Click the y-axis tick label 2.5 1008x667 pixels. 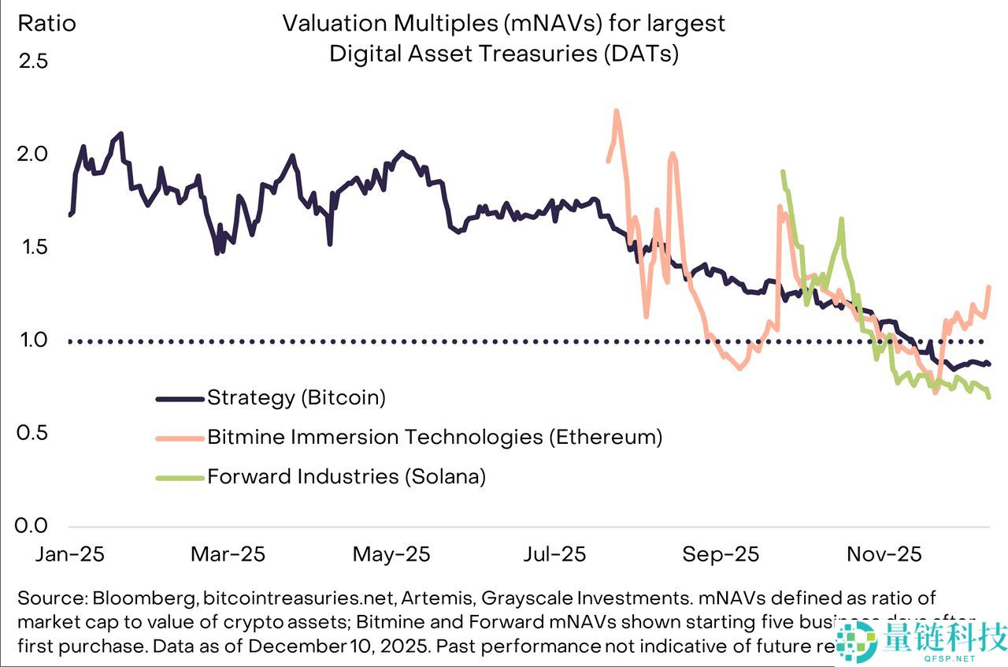coord(33,61)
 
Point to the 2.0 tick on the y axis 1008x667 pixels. coord(33,154)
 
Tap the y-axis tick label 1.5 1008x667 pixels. coord(33,248)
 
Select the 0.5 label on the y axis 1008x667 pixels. coord(33,434)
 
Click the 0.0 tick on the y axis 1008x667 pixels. coord(33,526)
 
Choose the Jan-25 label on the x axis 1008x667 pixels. coord(69,554)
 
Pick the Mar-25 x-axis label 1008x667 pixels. coord(228,554)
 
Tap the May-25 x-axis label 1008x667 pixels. coord(391,554)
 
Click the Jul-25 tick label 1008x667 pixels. coord(556,554)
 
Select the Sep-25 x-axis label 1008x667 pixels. coord(721,554)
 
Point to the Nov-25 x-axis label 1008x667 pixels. coord(884,554)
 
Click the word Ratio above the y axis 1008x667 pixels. coord(46,24)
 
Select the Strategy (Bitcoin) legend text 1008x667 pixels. coord(296,397)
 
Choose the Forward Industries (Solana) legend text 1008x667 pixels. coord(346,476)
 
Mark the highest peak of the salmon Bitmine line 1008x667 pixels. coord(616,111)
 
